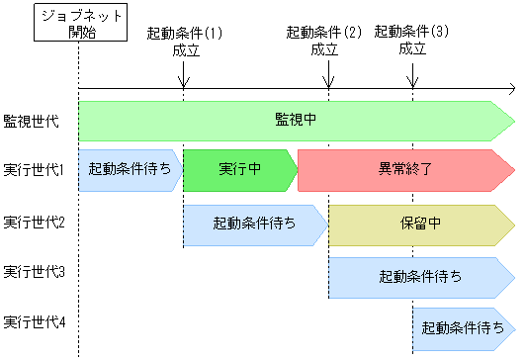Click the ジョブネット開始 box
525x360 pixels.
(x=77, y=23)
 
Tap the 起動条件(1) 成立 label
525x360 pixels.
(x=184, y=41)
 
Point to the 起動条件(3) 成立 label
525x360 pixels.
(x=411, y=41)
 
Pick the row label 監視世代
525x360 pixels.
(x=32, y=121)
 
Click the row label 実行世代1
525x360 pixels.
(x=34, y=170)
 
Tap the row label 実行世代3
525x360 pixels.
(x=34, y=271)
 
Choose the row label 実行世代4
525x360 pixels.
(x=34, y=322)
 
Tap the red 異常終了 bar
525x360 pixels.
(x=405, y=170)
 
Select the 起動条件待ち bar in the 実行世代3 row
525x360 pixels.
(x=420, y=277)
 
